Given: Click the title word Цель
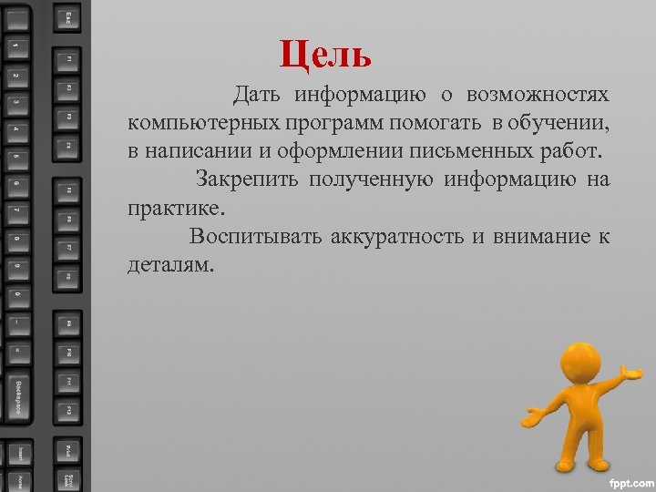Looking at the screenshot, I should click(x=326, y=55).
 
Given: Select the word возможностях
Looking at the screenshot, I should click(x=538, y=95).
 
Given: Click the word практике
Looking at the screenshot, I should click(x=174, y=208).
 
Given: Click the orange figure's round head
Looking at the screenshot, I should click(x=577, y=362).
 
